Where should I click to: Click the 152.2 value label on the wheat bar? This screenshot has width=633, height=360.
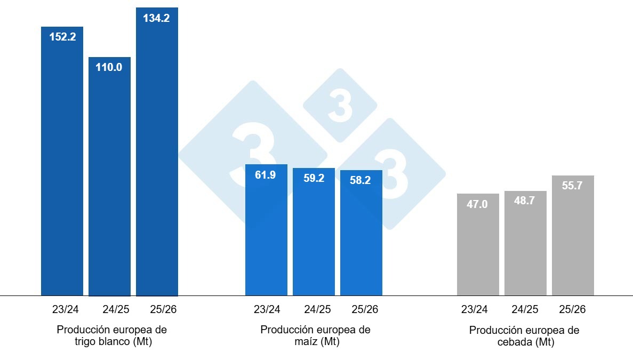(x=62, y=37)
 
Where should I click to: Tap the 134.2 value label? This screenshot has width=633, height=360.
(x=157, y=18)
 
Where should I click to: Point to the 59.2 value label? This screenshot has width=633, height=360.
(x=314, y=178)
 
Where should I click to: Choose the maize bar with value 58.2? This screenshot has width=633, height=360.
(x=361, y=235)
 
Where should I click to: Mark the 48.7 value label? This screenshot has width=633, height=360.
(x=525, y=202)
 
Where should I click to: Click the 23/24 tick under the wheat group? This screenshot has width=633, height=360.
(x=62, y=310)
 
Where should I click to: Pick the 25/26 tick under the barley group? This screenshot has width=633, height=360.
(x=573, y=310)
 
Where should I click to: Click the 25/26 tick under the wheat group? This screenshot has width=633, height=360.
(x=157, y=310)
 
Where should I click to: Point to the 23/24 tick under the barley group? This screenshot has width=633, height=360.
(x=478, y=310)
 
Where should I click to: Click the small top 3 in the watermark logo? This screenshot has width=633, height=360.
(x=340, y=106)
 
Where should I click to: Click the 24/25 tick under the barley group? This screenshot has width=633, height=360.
(x=525, y=310)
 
